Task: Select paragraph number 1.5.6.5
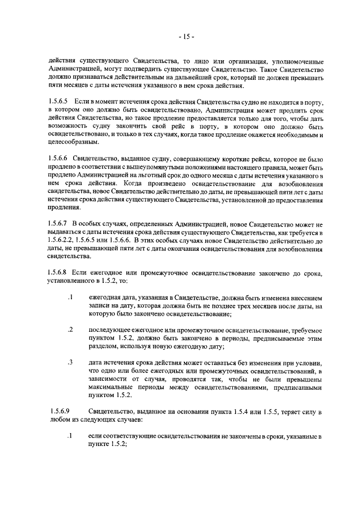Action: (58, 100)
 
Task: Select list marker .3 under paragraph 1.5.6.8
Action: (70, 363)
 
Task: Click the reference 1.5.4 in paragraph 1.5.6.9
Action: (251, 412)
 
